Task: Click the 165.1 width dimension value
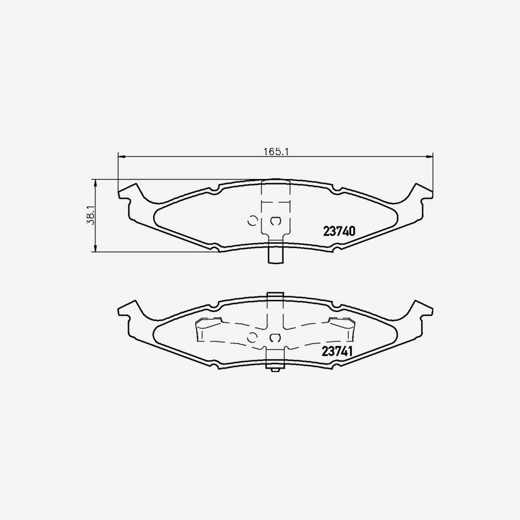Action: tap(276, 152)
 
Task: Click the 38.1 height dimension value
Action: tap(91, 216)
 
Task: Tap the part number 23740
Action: tap(339, 231)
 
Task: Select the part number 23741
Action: tap(337, 351)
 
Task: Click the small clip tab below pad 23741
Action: tap(275, 366)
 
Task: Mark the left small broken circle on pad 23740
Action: tap(252, 220)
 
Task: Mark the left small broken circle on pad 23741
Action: tap(252, 337)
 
